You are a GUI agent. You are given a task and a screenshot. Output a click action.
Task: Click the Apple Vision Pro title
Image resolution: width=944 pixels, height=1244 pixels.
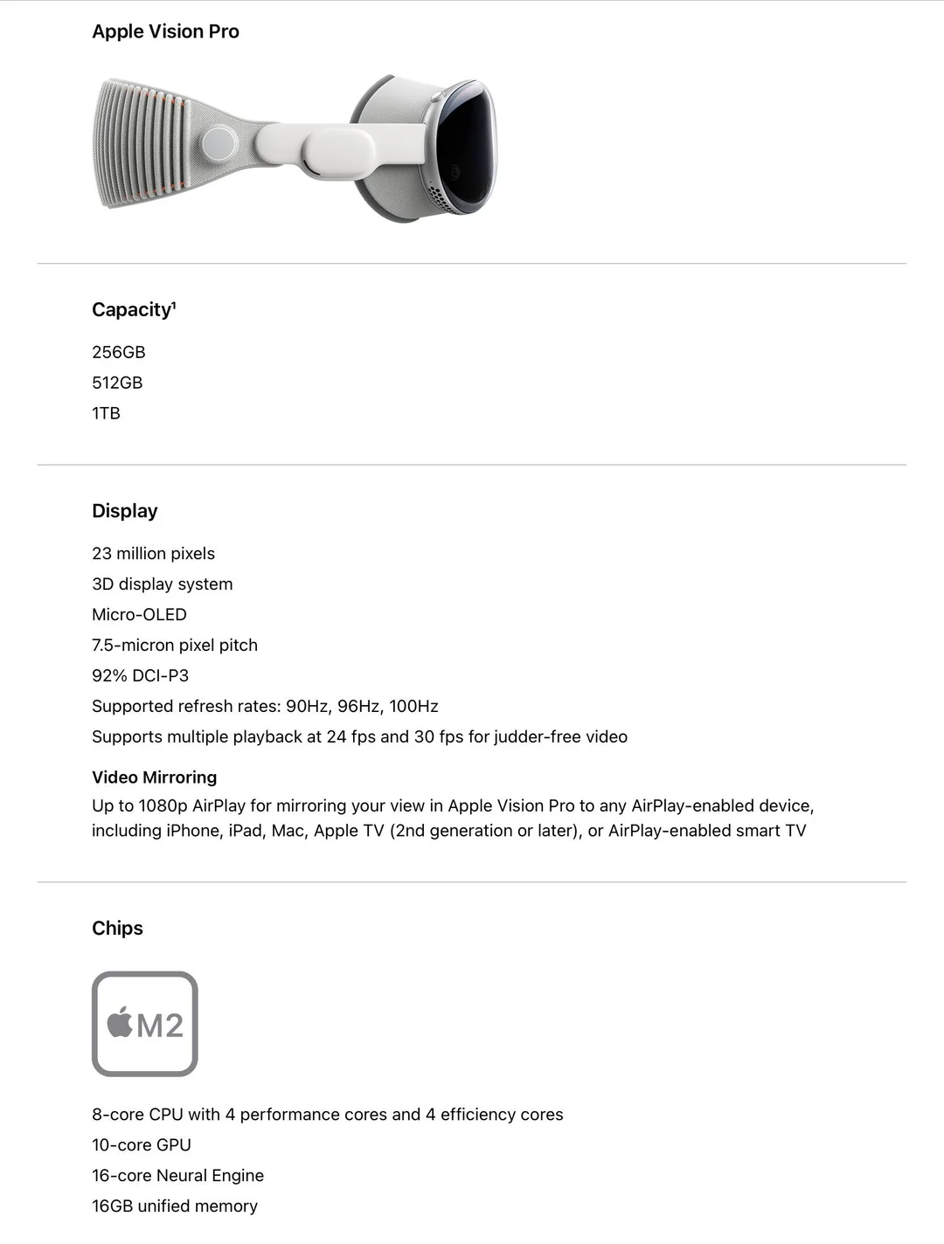point(165,31)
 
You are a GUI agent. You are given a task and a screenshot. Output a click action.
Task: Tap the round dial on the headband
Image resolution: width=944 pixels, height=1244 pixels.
point(219,144)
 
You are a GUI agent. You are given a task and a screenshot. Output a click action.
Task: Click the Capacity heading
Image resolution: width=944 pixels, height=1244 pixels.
point(134,310)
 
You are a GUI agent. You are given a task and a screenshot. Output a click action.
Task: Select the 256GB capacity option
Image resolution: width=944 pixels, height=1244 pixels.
point(119,352)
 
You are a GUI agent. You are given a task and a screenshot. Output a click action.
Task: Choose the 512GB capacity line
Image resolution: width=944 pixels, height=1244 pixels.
point(117,383)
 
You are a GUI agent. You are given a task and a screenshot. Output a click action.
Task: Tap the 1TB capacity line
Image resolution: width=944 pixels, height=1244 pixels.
point(106,413)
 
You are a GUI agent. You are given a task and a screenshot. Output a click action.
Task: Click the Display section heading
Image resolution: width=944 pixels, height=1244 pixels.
point(125,511)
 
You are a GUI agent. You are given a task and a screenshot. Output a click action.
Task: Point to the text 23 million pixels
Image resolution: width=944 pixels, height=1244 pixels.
point(153,554)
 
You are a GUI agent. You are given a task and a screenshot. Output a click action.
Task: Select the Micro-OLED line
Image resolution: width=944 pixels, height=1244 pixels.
point(139,615)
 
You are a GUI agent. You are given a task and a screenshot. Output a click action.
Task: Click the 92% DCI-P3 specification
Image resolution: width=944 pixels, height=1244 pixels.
point(140,676)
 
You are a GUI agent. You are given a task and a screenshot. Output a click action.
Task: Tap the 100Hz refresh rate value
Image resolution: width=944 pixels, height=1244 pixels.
point(413,707)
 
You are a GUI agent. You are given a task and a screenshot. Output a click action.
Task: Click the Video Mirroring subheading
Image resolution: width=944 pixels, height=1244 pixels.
point(154,777)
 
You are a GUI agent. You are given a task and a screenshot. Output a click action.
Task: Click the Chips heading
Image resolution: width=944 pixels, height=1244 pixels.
point(117,929)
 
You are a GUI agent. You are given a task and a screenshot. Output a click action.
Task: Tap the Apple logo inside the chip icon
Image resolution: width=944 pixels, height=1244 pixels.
point(120,1023)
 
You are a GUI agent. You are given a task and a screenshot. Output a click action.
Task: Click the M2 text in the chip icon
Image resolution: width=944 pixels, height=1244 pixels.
point(160,1026)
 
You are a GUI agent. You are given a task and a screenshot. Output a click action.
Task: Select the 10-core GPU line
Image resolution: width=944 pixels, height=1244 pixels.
point(142,1145)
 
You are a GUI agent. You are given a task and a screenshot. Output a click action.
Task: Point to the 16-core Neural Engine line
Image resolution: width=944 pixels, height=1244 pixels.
point(177,1176)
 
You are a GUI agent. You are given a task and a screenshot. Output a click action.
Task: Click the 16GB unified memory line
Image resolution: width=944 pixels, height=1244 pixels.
point(175,1206)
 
